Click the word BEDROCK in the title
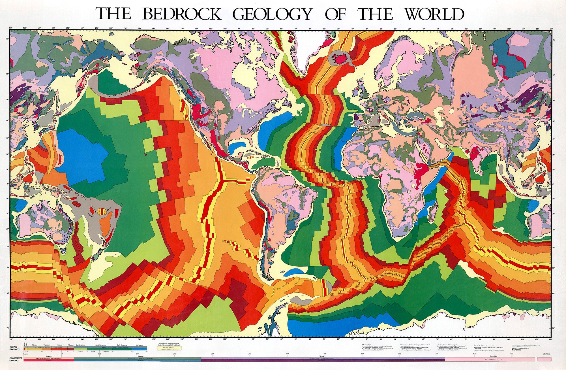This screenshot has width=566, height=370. point(181,14)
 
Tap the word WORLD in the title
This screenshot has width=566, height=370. point(434,14)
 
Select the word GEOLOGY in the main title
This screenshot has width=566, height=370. point(272,14)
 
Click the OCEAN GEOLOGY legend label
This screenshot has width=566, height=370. point(15,348)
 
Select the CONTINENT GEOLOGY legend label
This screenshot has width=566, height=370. point(16,359)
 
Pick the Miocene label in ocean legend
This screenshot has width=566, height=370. point(35,345)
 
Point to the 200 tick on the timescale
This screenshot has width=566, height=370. point(175,354)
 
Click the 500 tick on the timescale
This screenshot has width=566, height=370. point(400,354)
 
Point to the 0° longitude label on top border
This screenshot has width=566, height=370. point(367,29)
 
